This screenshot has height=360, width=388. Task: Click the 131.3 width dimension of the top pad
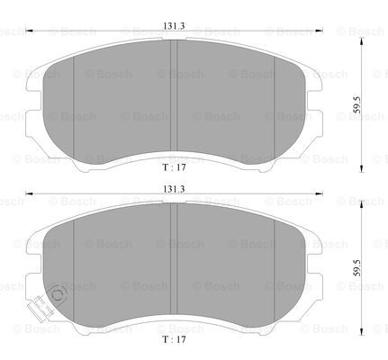click(174, 26)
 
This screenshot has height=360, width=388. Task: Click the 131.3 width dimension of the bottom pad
click(174, 189)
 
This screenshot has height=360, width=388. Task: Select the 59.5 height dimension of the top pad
click(356, 104)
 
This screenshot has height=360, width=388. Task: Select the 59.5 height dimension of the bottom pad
click(356, 268)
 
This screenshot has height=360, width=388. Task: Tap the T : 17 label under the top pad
click(174, 167)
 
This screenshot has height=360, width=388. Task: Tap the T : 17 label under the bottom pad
click(174, 339)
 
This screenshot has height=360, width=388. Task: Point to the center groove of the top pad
click(174, 96)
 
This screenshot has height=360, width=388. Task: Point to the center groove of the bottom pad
click(174, 259)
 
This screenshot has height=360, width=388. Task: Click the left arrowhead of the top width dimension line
click(29, 31)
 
